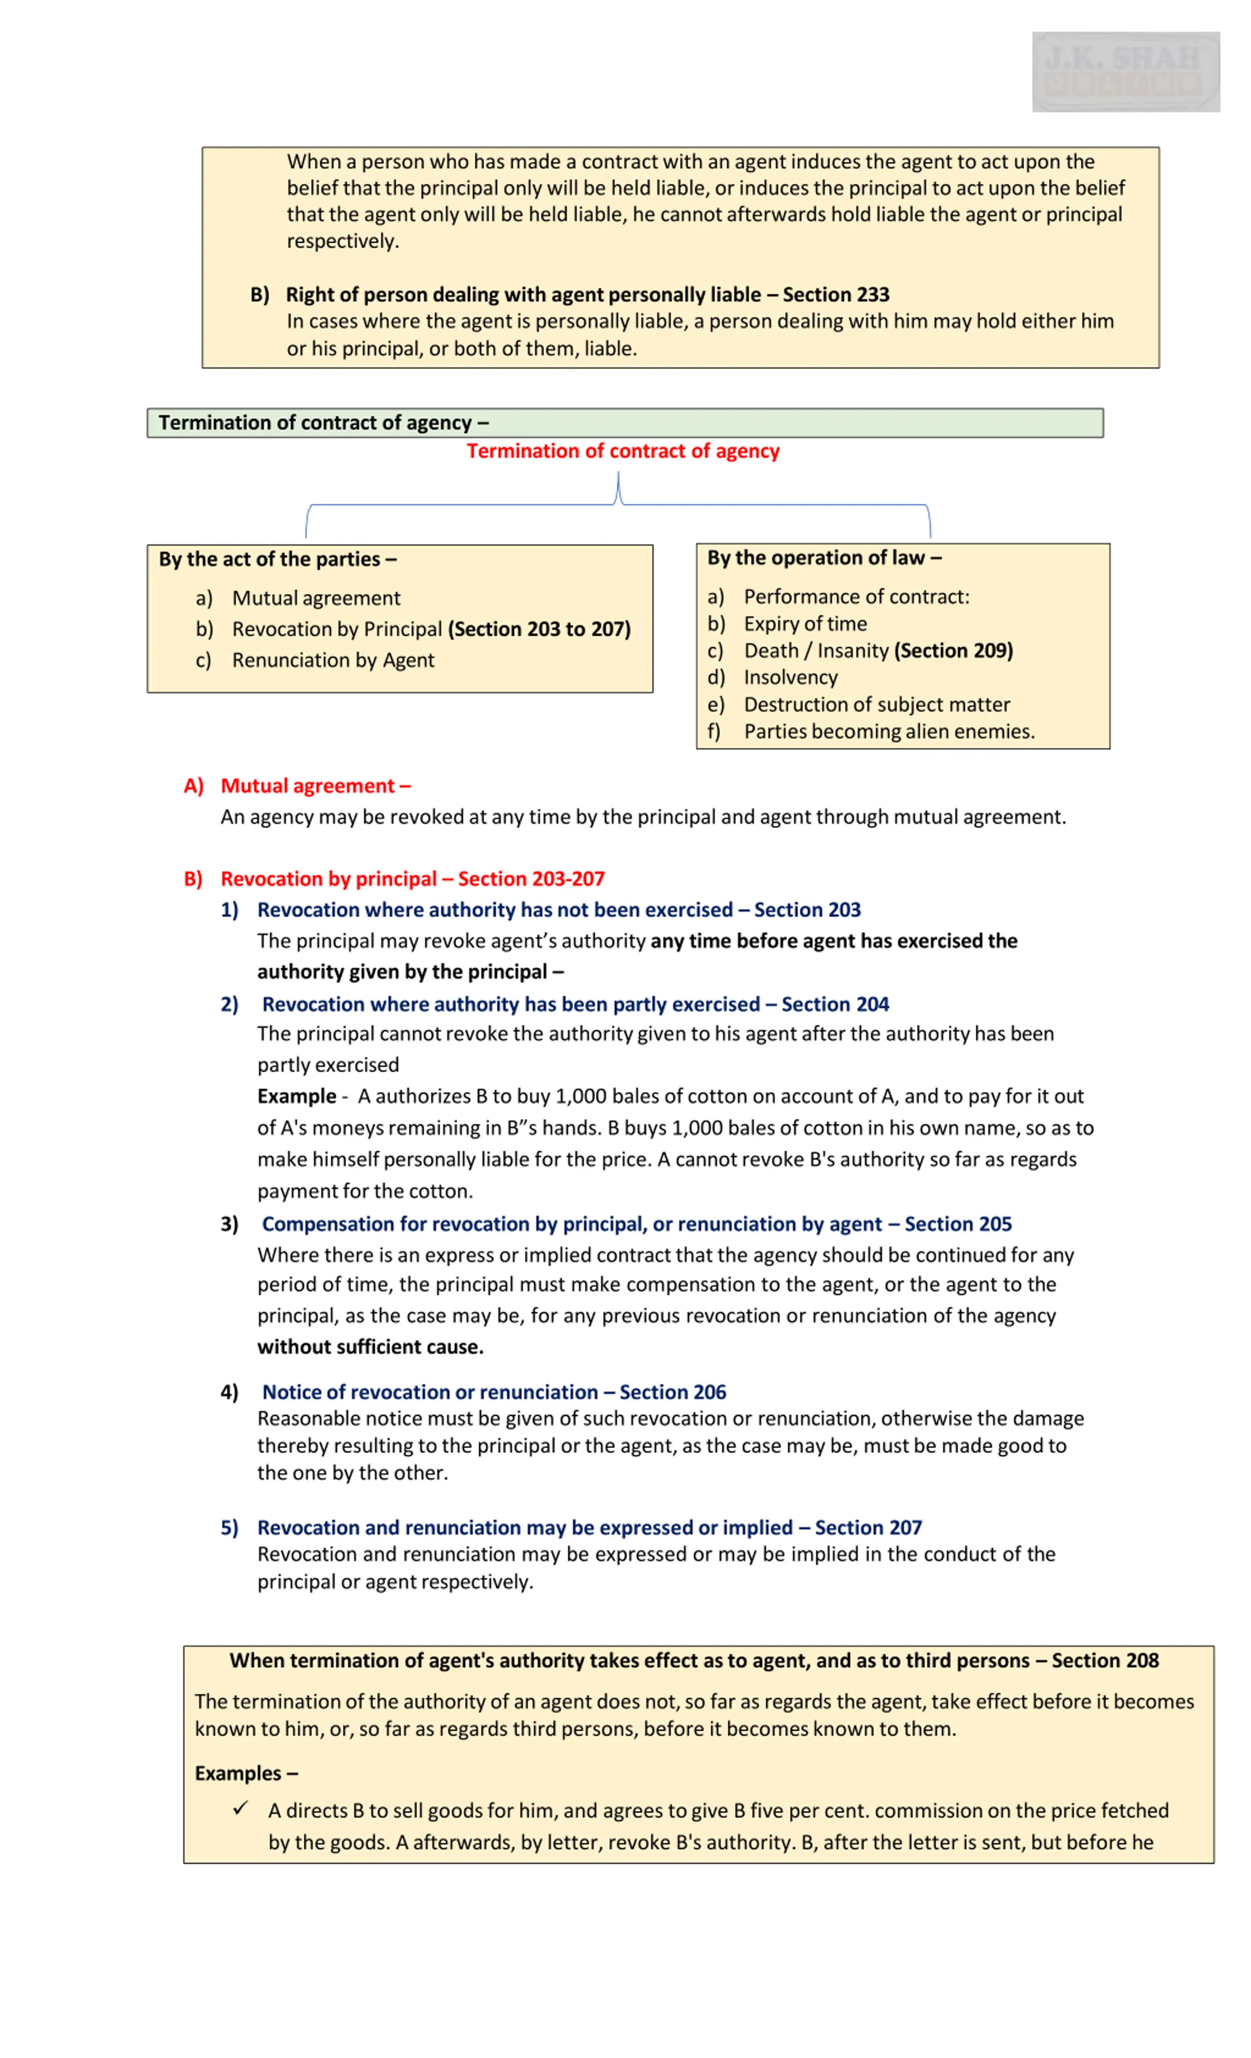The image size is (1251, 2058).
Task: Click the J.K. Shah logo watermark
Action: (x=1125, y=72)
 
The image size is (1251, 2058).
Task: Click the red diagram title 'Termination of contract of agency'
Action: (x=623, y=451)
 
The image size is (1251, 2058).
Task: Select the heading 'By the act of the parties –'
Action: (x=278, y=559)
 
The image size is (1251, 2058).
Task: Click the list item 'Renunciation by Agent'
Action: (x=333, y=660)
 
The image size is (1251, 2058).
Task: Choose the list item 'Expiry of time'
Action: (x=805, y=624)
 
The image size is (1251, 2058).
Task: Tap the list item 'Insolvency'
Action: (x=791, y=677)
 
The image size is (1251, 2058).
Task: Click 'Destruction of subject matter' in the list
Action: (x=877, y=704)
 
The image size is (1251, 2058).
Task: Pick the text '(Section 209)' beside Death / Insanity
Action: (x=953, y=651)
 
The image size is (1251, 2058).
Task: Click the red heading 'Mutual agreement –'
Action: (x=315, y=786)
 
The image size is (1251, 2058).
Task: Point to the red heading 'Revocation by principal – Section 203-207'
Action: (x=412, y=879)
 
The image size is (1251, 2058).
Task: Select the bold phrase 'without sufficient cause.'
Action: (x=370, y=1347)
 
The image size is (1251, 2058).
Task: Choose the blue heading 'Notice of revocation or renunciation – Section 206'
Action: (x=494, y=1392)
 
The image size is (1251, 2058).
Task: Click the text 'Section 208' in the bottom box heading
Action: (x=1105, y=1661)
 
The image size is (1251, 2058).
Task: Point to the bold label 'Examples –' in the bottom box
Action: (x=246, y=1773)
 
